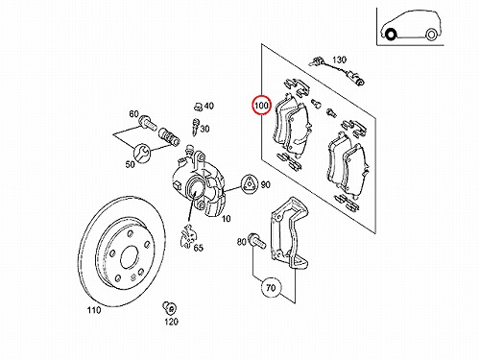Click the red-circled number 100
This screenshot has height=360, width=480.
pos(262,105)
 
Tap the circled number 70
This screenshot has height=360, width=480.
pos(271,288)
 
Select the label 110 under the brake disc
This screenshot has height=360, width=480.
pos(94,310)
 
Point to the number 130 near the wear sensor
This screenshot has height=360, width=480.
pos(339,60)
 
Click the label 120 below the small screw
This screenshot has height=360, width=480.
pos(171,322)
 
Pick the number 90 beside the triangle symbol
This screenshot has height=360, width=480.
pos(265,184)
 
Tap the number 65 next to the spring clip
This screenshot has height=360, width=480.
pos(199,248)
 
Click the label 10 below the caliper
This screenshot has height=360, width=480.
pos(226,219)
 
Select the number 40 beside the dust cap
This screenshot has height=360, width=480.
pos(208,106)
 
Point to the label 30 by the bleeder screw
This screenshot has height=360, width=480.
pos(204,129)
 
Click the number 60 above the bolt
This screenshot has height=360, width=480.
pos(134,114)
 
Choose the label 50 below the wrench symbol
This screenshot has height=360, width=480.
pos(131,164)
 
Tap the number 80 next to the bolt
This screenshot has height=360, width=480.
pos(242,242)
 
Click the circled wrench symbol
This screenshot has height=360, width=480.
pos(142,153)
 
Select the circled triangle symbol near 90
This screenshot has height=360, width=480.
pos(249,185)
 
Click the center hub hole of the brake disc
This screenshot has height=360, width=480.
pos(130,257)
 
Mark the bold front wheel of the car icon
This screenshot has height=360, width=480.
pos(391,35)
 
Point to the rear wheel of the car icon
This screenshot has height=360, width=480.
pos(431,35)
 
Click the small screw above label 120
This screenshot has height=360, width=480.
pos(169,307)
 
